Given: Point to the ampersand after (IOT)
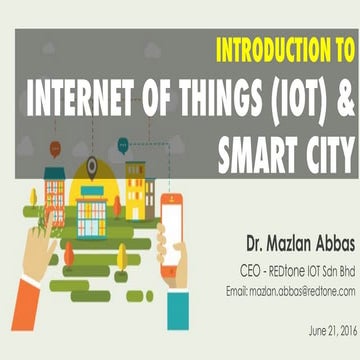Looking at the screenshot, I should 345,101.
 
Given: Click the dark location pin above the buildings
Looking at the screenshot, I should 92,166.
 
